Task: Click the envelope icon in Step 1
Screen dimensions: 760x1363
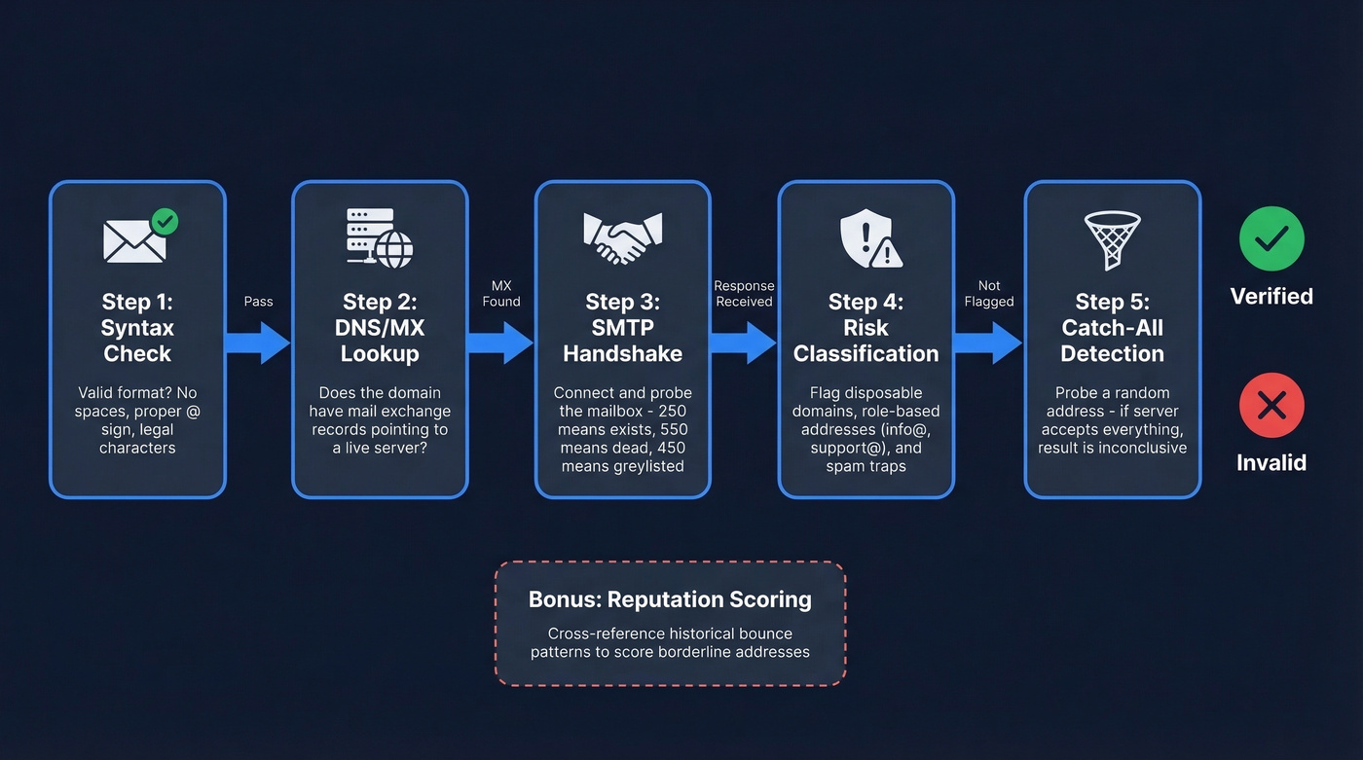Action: click(x=135, y=239)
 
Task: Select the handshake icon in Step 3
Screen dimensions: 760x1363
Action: click(x=622, y=237)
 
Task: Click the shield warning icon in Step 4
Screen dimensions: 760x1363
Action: click(x=869, y=239)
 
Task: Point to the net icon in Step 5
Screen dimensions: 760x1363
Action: click(x=1112, y=239)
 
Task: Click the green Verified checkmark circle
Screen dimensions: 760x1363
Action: click(x=1271, y=237)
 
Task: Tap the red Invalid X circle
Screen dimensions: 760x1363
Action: click(x=1271, y=405)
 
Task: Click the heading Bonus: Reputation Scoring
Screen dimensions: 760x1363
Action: click(x=670, y=598)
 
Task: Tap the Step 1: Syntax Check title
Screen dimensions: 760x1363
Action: click(x=137, y=327)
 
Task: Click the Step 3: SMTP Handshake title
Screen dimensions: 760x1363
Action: click(x=622, y=327)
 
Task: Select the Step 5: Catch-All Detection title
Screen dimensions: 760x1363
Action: click(x=1112, y=327)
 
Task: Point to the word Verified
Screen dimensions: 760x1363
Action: click(x=1271, y=296)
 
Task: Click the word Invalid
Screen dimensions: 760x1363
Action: click(x=1271, y=462)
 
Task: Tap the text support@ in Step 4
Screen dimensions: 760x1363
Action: click(x=845, y=448)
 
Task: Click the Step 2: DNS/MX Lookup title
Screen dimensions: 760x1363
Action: click(x=380, y=327)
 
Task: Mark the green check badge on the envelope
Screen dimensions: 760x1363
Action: click(x=166, y=221)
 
